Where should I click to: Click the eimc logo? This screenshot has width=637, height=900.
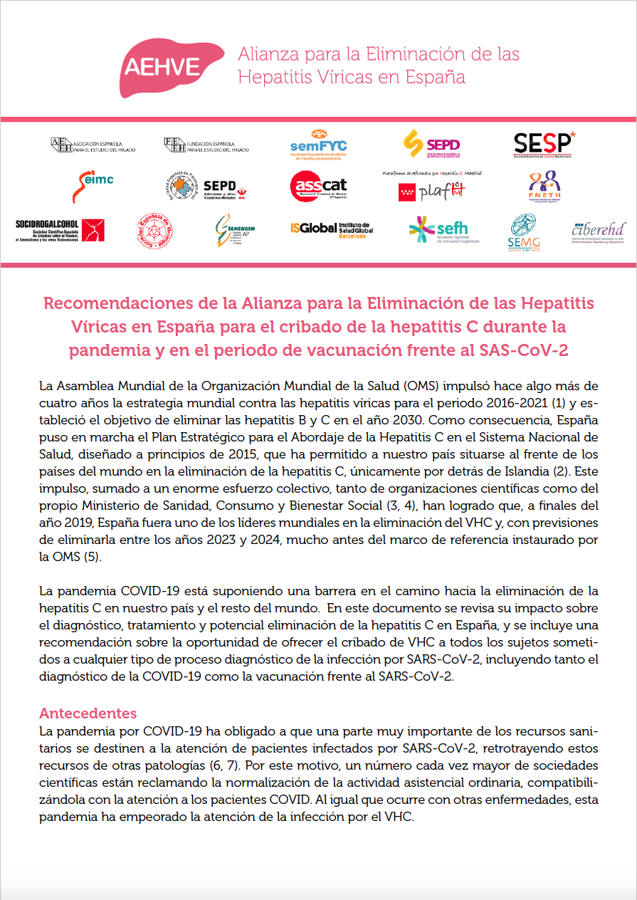92,185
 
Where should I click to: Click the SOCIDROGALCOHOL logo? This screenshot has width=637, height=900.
60,230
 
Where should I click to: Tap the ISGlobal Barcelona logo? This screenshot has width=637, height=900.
330,229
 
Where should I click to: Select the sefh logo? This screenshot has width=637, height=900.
443,229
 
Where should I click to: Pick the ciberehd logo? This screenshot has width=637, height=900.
599,231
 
